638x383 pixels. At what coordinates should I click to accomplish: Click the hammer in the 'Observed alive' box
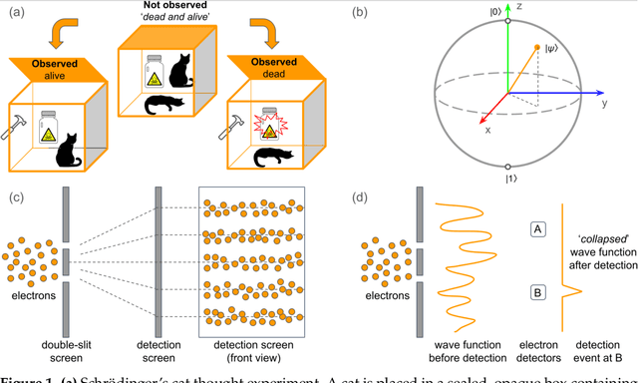click(x=16, y=130)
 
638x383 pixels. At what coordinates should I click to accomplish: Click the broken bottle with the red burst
click(x=267, y=123)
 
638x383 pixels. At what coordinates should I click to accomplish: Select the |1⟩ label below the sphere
click(x=509, y=178)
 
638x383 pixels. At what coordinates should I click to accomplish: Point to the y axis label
click(x=605, y=105)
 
